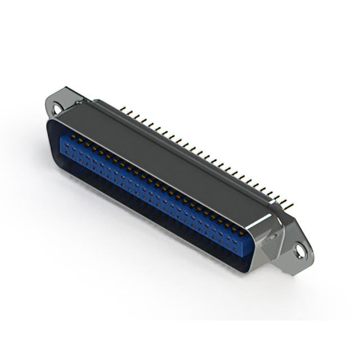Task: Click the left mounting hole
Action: coord(55,105)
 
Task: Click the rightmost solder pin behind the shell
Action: coord(291,203)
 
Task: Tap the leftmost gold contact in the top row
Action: coord(73,136)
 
